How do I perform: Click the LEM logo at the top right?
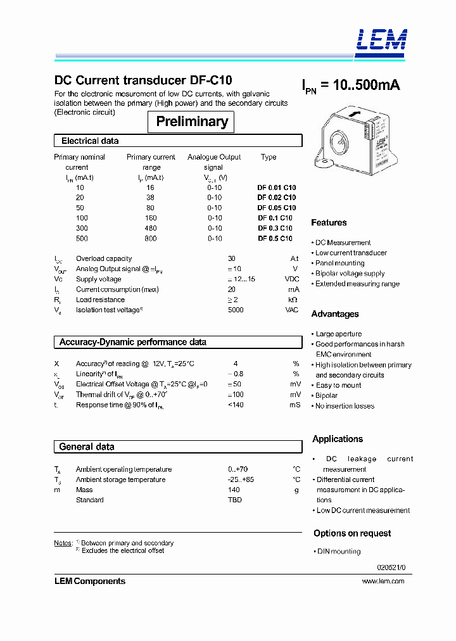(x=381, y=40)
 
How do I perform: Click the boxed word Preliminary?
(x=191, y=122)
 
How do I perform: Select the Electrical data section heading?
(x=90, y=141)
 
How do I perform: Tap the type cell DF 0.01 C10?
(x=276, y=187)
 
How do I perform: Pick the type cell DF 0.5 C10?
(x=275, y=238)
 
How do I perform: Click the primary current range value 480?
(x=151, y=228)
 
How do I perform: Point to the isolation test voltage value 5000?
(x=235, y=310)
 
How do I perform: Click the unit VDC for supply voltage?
(x=291, y=279)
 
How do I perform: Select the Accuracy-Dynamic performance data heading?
(x=132, y=342)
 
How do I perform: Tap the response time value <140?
(x=236, y=405)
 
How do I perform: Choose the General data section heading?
(x=87, y=447)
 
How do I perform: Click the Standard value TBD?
(x=234, y=500)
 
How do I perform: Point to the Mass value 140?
(x=234, y=490)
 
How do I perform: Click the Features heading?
(x=329, y=222)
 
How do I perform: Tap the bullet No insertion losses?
(x=345, y=406)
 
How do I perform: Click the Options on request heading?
(x=352, y=533)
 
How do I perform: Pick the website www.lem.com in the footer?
(x=383, y=581)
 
